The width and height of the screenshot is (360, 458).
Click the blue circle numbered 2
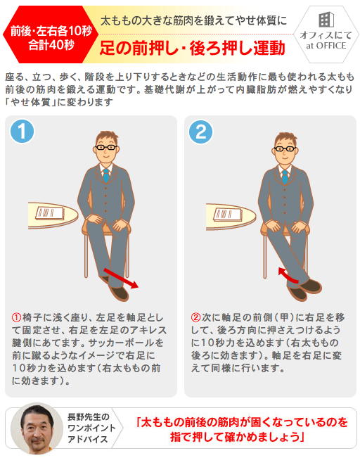coord(200,132)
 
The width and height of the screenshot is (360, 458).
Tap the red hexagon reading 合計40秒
coord(48,34)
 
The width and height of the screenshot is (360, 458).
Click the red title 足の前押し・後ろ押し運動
coord(192,48)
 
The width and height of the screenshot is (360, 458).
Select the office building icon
coord(326,20)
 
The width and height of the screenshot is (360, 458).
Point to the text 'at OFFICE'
coord(326,46)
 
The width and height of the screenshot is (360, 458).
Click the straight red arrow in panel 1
coord(121,278)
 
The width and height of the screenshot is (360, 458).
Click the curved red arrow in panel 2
coord(288,275)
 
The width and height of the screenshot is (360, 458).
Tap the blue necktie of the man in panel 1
coord(106,176)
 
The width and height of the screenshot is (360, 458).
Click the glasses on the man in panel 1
coord(106,148)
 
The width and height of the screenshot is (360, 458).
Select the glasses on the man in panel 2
coord(285,149)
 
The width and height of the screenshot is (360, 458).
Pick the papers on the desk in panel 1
coord(50,213)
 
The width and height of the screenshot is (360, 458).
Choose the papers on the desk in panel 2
coord(227,215)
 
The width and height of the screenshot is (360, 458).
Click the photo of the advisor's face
coord(37,428)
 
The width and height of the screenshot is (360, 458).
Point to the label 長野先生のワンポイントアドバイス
coord(91,428)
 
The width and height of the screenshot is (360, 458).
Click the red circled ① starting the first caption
coord(17,317)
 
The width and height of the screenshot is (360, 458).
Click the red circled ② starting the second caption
coord(195,317)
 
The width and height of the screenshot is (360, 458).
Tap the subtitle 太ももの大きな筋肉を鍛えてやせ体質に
coord(193,21)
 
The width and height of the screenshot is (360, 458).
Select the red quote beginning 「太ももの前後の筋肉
coord(242,429)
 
